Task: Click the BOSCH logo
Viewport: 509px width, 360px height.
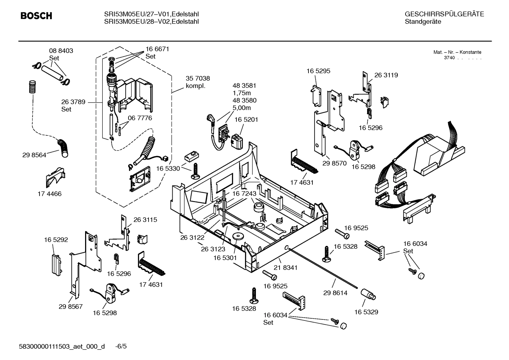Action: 36,16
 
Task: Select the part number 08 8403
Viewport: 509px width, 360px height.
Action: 61,51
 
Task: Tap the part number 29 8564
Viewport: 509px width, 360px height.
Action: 34,155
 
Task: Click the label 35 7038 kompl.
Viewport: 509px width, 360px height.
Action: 198,82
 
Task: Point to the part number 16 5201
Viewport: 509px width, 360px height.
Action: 246,120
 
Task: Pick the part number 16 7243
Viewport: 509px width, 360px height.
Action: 244,194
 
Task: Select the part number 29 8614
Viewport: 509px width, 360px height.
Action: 335,293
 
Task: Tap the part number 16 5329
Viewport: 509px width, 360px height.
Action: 366,312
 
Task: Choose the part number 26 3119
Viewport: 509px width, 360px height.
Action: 386,75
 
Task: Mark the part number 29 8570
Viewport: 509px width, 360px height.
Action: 334,164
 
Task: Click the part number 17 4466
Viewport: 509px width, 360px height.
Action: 49,194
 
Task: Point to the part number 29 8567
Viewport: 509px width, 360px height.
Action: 71,306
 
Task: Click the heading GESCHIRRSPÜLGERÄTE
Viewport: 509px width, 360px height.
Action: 444,14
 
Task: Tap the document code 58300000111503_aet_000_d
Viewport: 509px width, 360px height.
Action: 62,346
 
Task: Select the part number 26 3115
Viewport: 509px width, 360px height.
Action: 145,220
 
